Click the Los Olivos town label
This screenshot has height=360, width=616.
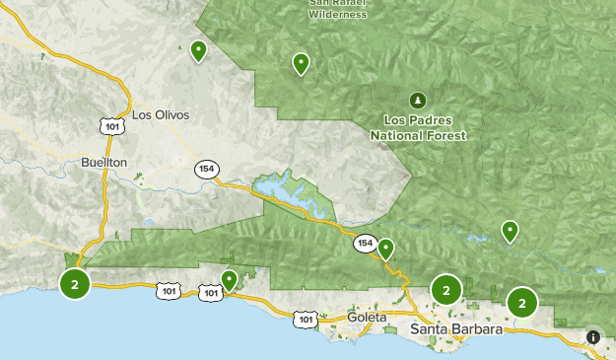coord(160,115)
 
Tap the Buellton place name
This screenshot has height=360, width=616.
coord(104,162)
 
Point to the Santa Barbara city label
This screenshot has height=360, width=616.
coord(456,329)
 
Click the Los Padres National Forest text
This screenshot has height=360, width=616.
coord(418,128)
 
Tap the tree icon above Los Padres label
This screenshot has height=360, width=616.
coord(417,101)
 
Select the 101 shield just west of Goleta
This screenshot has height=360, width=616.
coord(306,319)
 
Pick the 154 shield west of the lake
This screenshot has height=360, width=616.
coord(206,168)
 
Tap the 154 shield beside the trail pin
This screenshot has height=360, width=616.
coord(365,243)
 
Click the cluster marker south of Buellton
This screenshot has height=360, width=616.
coord(75,284)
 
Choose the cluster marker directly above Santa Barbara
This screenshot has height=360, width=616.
coord(446,290)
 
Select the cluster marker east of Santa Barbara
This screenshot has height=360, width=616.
coord(522,303)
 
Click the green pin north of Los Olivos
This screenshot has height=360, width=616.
coord(198,50)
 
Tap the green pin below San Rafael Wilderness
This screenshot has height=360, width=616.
coord(301,64)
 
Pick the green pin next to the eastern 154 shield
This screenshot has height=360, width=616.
coord(386,249)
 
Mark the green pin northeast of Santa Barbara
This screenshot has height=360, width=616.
coord(510,231)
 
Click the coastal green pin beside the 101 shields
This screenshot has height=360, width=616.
coord(229,281)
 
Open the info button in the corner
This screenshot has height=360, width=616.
coord(593,337)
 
